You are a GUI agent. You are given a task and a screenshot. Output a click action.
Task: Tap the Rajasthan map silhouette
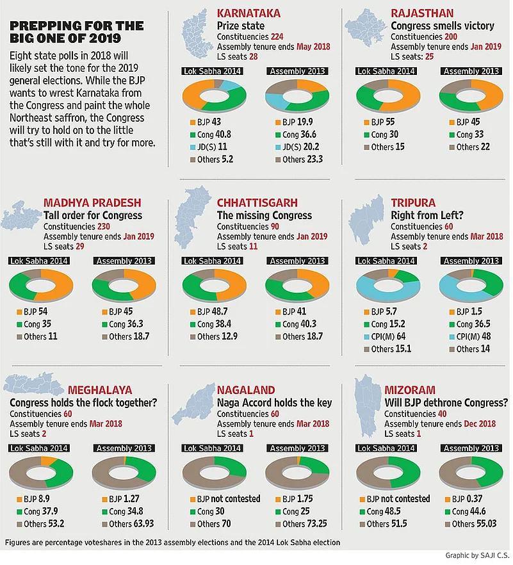click(x=366, y=28)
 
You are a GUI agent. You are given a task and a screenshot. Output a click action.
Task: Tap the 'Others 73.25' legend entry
click(x=295, y=524)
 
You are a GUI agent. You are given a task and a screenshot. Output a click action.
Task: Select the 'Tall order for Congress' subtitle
click(x=93, y=215)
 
